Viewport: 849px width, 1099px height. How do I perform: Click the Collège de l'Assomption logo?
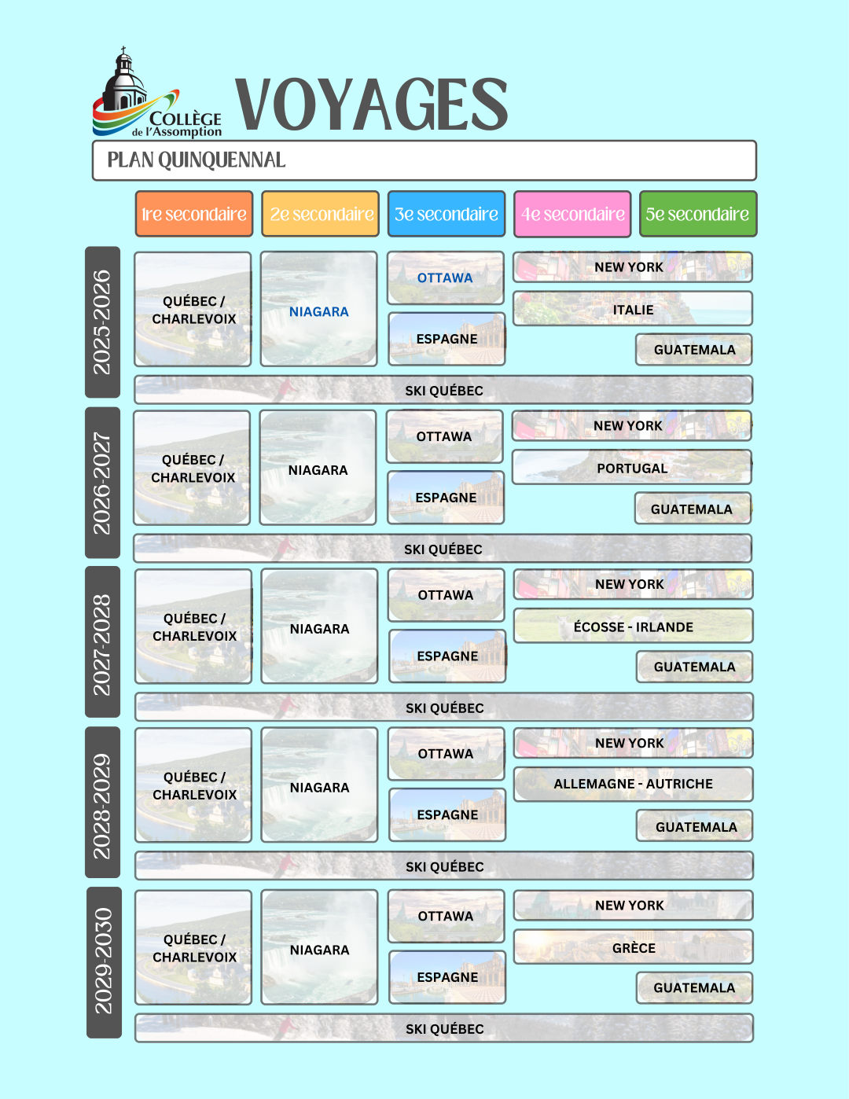click(x=156, y=93)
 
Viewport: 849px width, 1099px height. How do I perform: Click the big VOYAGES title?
click(x=372, y=105)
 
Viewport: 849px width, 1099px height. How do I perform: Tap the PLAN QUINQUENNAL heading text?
click(x=197, y=160)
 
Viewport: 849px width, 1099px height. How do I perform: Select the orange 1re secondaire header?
click(x=194, y=214)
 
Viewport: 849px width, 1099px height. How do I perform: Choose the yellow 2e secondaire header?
click(x=321, y=214)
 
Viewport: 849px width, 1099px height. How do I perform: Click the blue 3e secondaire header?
click(x=447, y=214)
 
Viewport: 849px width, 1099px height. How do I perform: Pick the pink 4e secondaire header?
click(x=572, y=214)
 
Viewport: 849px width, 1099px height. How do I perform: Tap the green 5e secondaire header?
click(x=698, y=214)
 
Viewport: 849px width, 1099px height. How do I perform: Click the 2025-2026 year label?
click(x=103, y=322)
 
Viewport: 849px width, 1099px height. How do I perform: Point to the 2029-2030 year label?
click(x=105, y=962)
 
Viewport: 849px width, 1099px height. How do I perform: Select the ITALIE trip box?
click(x=633, y=308)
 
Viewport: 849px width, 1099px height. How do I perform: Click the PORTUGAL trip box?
click(x=631, y=467)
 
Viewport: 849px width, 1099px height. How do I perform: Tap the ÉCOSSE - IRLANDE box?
click(x=633, y=626)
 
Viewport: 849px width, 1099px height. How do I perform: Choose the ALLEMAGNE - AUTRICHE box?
click(x=633, y=784)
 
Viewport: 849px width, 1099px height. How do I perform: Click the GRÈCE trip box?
click(x=633, y=946)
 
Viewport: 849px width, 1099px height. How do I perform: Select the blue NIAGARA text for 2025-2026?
click(x=319, y=311)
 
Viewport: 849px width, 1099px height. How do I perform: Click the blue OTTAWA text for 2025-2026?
click(x=445, y=278)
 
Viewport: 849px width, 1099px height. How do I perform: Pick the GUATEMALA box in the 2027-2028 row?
click(x=694, y=667)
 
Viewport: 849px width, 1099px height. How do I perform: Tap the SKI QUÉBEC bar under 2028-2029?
click(x=444, y=866)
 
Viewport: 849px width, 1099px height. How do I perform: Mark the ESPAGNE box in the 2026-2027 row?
click(x=446, y=497)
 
